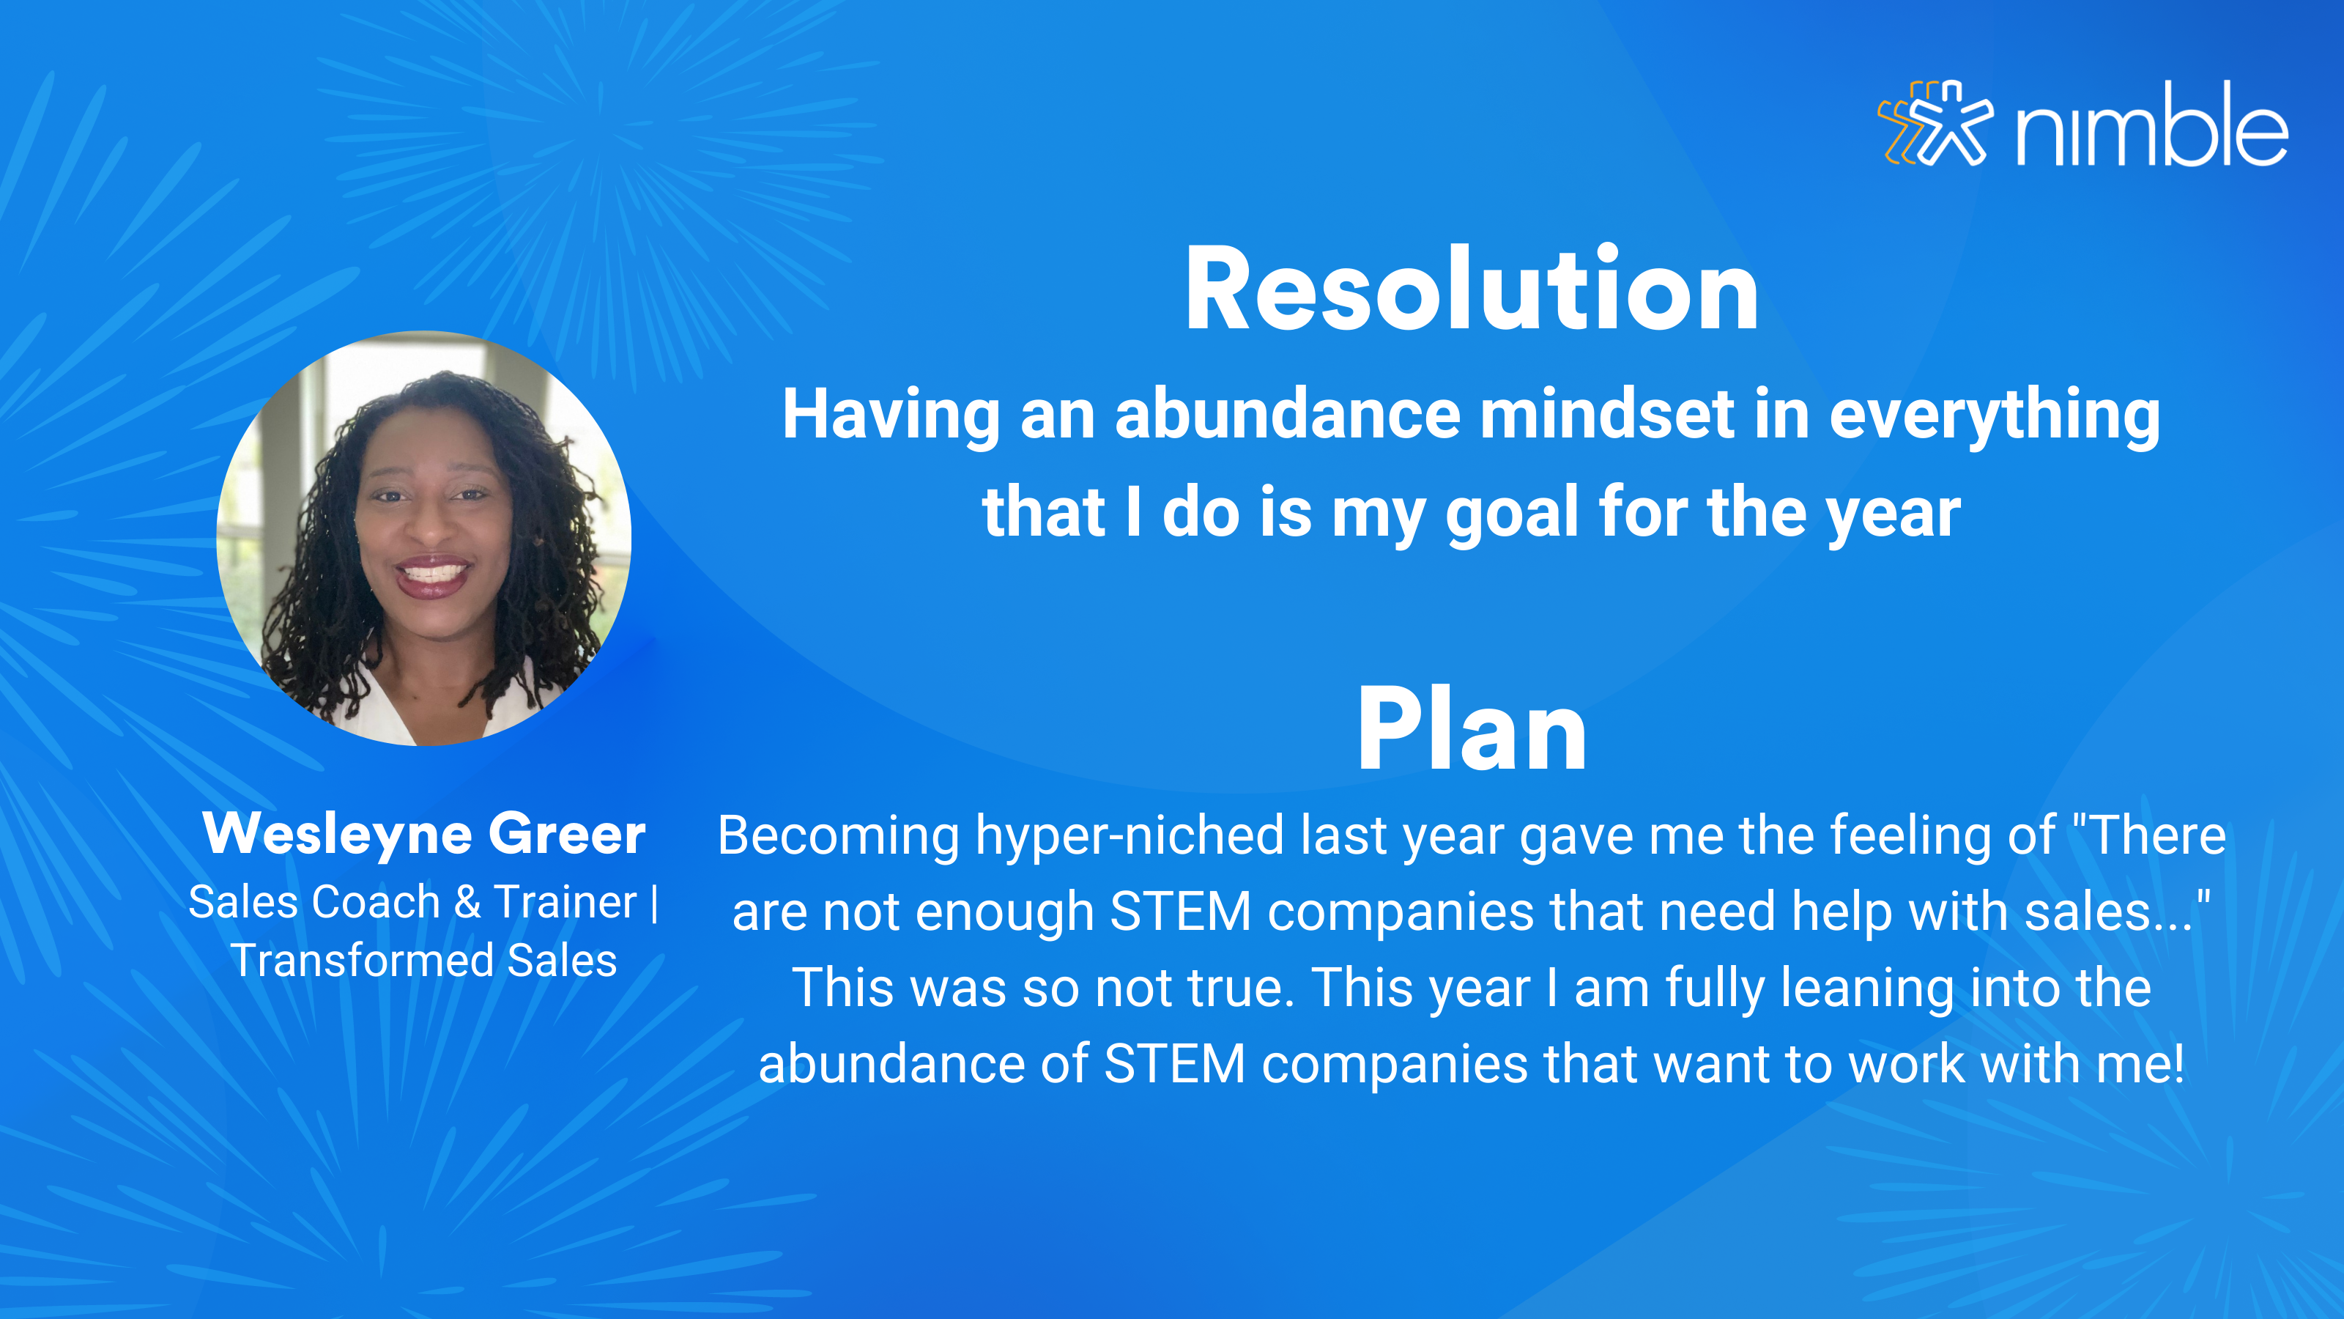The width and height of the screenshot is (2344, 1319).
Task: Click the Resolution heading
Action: [x=1472, y=289]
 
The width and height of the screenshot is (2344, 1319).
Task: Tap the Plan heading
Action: [x=1472, y=729]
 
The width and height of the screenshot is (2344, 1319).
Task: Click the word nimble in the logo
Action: [x=2152, y=125]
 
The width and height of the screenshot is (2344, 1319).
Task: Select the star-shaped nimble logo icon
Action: [x=1935, y=124]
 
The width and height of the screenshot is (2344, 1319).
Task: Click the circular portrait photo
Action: [x=424, y=538]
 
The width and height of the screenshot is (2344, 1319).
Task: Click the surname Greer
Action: [x=567, y=833]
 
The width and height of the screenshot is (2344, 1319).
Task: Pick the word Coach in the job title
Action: [x=375, y=902]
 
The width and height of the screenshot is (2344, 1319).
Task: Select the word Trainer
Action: [x=565, y=902]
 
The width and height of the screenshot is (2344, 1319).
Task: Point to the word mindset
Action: [x=1606, y=414]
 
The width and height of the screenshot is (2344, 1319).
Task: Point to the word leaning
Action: [x=1867, y=988]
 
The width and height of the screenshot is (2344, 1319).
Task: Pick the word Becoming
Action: [x=838, y=835]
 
